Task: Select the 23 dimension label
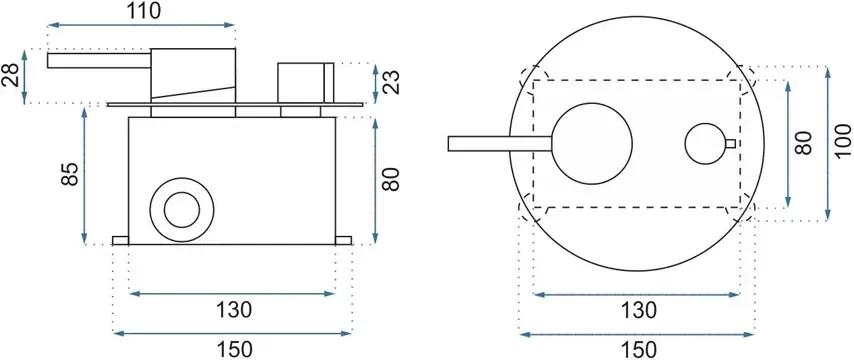pos(391,82)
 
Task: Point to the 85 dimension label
pos(70,174)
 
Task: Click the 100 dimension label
pos(843,143)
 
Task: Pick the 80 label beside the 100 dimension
pos(804,143)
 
